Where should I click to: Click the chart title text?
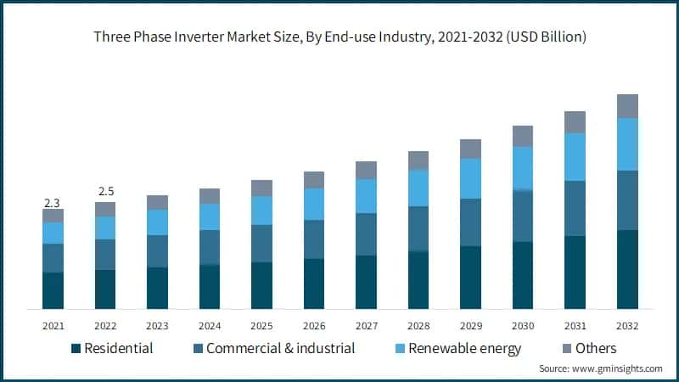coord(339,37)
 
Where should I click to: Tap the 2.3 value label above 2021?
coord(53,203)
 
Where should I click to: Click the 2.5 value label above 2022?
coord(105,190)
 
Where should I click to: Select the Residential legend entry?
coord(112,348)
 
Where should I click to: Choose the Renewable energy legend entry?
coord(455,348)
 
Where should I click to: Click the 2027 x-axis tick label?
coord(366,326)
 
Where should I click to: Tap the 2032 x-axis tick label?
coord(627,326)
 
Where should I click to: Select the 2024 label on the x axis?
coord(210,326)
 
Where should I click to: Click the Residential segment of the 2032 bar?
coord(627,269)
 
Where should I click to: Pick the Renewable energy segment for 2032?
coord(627,144)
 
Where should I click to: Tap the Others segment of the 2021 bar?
coord(53,216)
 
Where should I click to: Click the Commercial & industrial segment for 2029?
coord(470,222)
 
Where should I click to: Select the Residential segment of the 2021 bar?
coord(53,290)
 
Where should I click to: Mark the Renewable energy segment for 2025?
coord(261,211)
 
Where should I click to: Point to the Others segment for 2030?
coord(523,136)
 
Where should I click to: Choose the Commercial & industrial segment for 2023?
coord(157,251)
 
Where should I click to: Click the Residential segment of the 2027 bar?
coord(366,282)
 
